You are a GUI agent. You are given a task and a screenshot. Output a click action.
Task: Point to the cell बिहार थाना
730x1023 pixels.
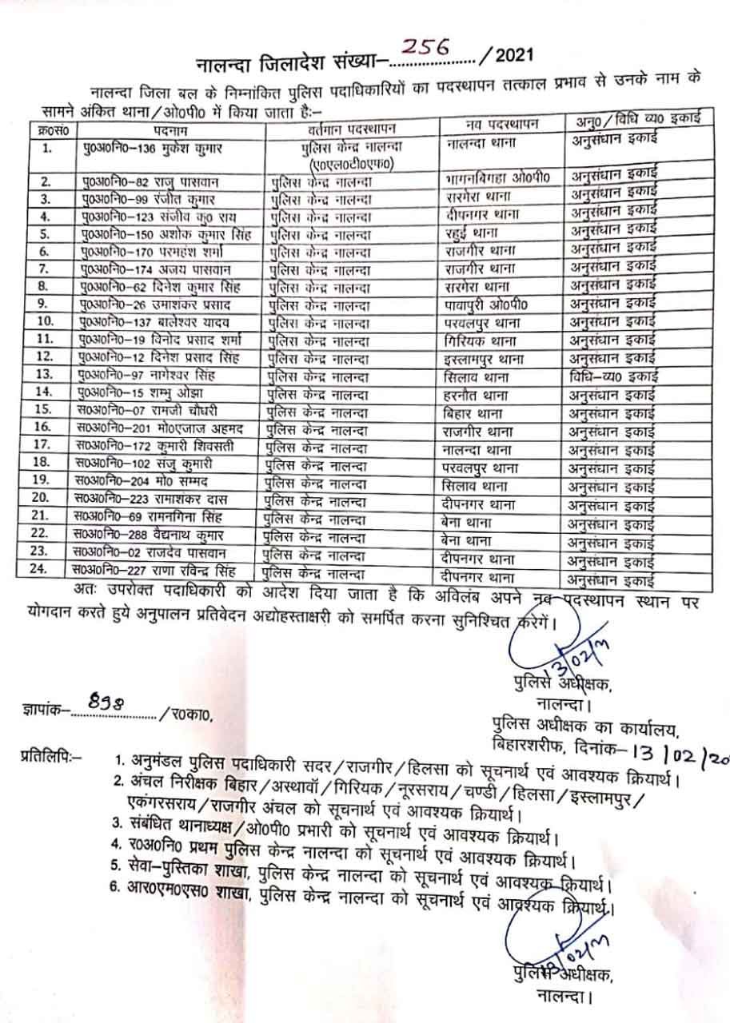click(x=473, y=412)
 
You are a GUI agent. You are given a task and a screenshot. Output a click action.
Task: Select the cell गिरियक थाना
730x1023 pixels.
click(x=481, y=340)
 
